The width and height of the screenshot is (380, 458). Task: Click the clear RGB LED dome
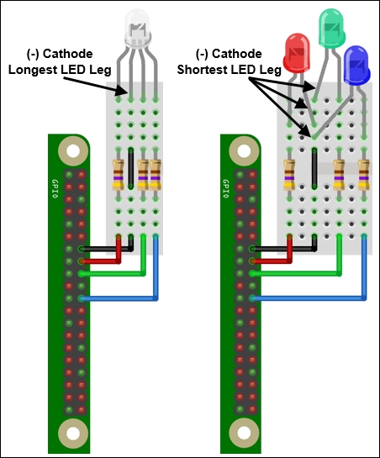coord(137,29)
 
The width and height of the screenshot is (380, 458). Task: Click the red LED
coord(297,53)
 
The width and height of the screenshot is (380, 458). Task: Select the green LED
coord(331,29)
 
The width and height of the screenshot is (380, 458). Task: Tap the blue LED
coord(356,66)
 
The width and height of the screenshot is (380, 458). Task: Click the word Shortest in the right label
coord(202,70)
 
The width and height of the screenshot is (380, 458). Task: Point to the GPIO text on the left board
coord(55,189)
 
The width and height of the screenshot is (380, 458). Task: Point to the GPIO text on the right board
coord(225,189)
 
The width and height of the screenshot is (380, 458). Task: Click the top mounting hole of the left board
coord(73,151)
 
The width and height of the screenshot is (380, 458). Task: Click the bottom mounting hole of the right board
coord(244,434)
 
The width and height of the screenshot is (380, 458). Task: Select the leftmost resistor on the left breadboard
coord(119,175)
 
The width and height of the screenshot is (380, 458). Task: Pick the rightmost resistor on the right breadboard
coord(364,175)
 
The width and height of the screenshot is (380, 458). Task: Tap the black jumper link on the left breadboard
coord(130,168)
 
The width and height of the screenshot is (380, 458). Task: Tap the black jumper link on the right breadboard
coord(314,168)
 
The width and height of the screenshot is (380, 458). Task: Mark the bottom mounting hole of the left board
coord(73,434)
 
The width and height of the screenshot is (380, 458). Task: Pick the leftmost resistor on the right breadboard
coord(289,175)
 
